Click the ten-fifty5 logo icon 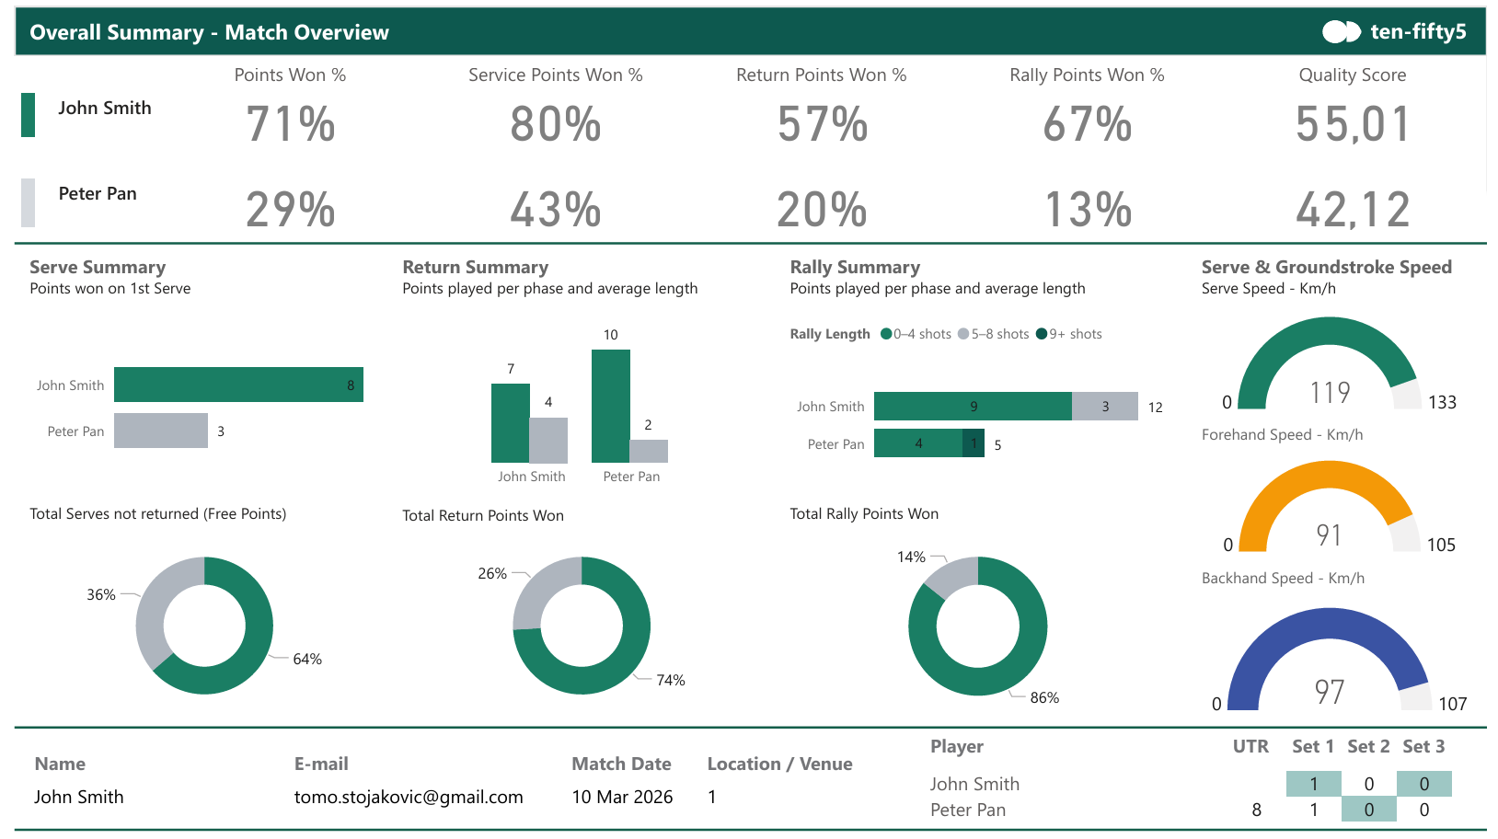(1341, 32)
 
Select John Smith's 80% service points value (555, 124)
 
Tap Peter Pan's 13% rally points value (1088, 210)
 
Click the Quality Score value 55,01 (1353, 124)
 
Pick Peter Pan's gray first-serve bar (160, 431)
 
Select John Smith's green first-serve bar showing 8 (238, 385)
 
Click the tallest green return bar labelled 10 (611, 406)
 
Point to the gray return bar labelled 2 (649, 452)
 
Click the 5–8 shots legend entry (994, 334)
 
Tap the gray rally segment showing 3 (1105, 407)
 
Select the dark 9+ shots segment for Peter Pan (973, 442)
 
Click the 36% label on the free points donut (101, 594)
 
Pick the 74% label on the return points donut (671, 680)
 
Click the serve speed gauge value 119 (1330, 393)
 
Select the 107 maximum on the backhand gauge (1453, 703)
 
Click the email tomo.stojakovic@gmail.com (409, 797)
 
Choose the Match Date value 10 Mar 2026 (622, 797)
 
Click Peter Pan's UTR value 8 (1257, 810)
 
